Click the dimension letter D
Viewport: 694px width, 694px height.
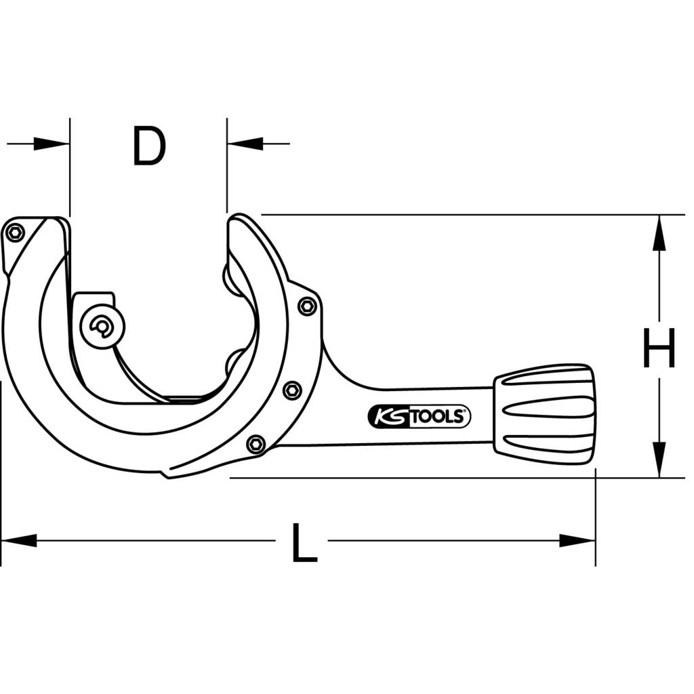[149, 147]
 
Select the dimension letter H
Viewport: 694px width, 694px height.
[658, 348]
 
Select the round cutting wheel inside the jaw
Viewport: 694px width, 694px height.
[102, 328]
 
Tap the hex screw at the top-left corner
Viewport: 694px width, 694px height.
[14, 233]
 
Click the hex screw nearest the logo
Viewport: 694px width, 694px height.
[256, 444]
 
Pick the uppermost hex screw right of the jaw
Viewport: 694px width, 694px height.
[307, 306]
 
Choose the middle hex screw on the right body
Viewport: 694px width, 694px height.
[292, 389]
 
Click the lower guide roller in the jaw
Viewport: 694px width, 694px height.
[234, 361]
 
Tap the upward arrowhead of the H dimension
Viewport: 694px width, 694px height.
[657, 233]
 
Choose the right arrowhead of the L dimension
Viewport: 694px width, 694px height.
[577, 540]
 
